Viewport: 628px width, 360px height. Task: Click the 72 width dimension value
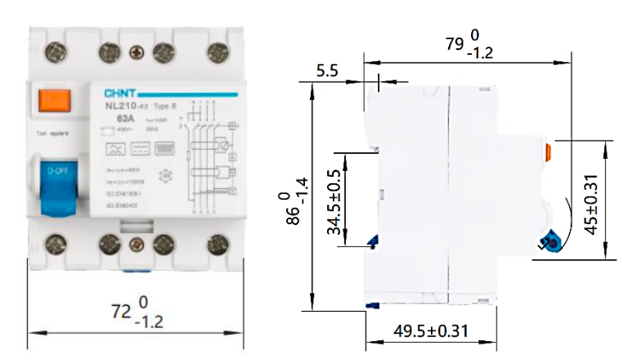[x=120, y=311]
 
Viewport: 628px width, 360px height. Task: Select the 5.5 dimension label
[x=328, y=71]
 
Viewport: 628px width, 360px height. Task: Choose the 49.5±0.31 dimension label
[x=431, y=331]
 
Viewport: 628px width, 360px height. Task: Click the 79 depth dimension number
[x=455, y=43]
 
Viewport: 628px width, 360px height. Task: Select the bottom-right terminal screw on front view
[x=218, y=243]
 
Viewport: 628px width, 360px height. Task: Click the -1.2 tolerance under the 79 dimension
[x=482, y=54]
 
